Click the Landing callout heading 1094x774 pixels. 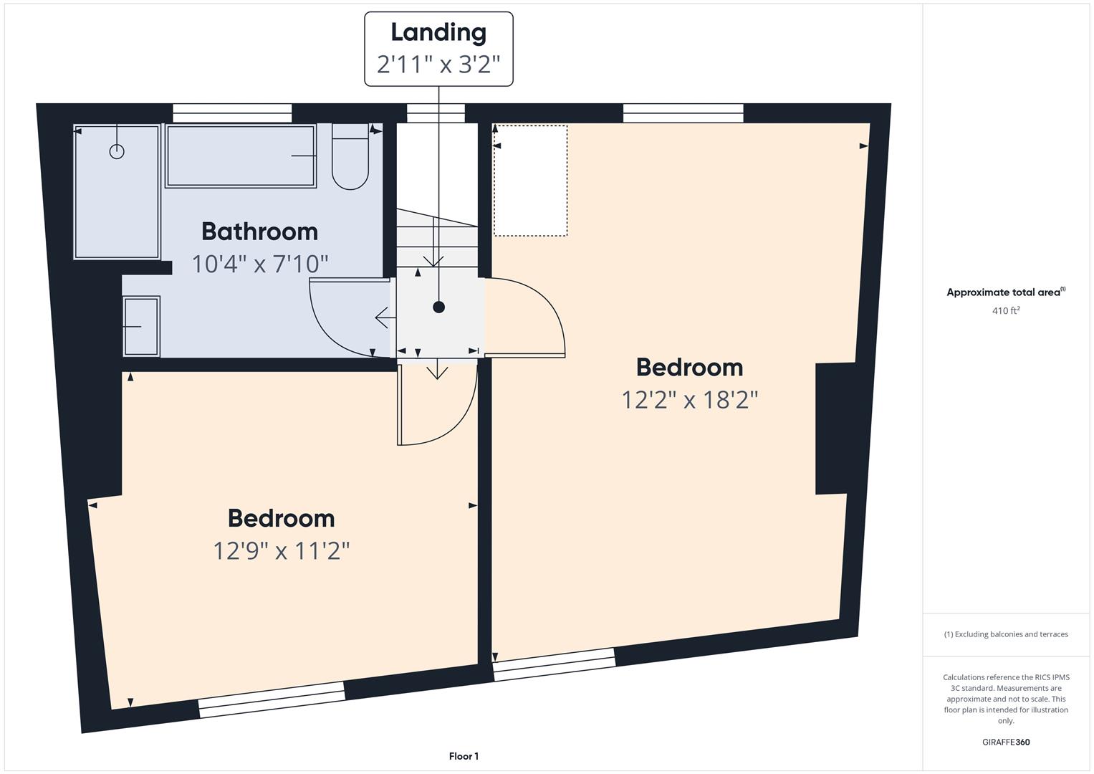pyautogui.click(x=438, y=33)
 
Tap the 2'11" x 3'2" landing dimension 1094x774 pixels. pyautogui.click(x=438, y=64)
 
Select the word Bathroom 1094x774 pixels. pyautogui.click(x=260, y=231)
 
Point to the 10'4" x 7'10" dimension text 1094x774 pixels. pyautogui.click(x=260, y=264)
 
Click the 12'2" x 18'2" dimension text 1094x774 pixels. pyautogui.click(x=690, y=400)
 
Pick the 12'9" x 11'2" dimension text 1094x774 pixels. pyautogui.click(x=282, y=551)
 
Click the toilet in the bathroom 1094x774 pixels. pyautogui.click(x=350, y=156)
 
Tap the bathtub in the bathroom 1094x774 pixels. pyautogui.click(x=241, y=156)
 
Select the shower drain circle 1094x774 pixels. pyautogui.click(x=117, y=151)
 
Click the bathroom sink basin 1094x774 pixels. pyautogui.click(x=141, y=326)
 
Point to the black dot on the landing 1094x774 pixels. pyautogui.click(x=438, y=307)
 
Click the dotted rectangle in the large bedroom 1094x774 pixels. pyautogui.click(x=530, y=181)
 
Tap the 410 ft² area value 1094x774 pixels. pyautogui.click(x=1006, y=310)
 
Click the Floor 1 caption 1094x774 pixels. pyautogui.click(x=464, y=756)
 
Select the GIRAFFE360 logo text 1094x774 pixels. pyautogui.click(x=1006, y=742)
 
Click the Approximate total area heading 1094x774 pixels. pyautogui.click(x=1006, y=292)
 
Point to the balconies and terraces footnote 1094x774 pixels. pyautogui.click(x=1006, y=634)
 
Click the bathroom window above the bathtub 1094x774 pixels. pyautogui.click(x=232, y=113)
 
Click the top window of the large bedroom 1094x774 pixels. pyautogui.click(x=683, y=113)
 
